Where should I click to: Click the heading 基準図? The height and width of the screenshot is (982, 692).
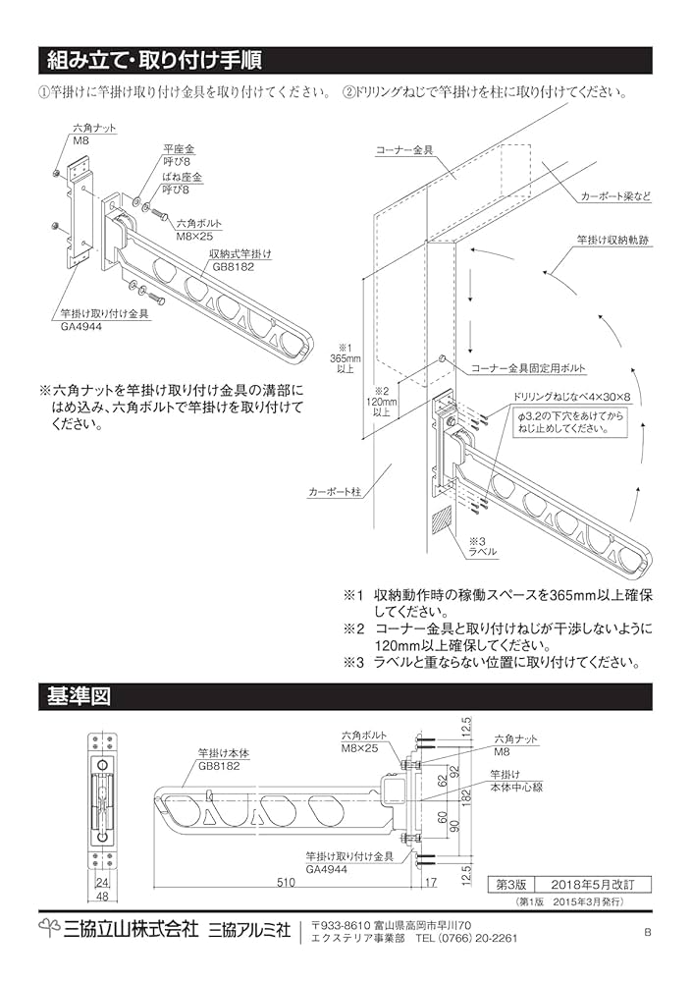tap(79, 696)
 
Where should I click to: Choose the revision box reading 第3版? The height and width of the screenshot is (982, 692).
tap(512, 884)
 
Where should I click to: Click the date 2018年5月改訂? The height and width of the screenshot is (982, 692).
tap(585, 884)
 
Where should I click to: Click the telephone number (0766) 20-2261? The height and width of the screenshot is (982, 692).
tap(462, 938)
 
